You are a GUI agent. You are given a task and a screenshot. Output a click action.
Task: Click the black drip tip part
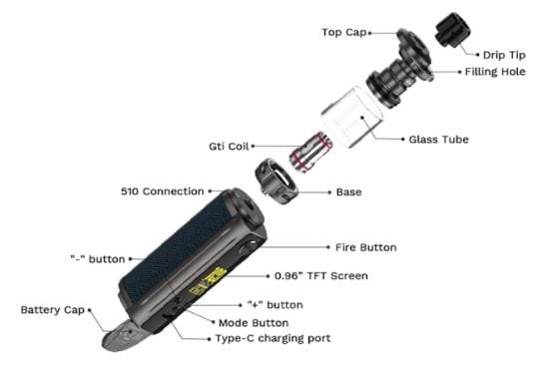pyautogui.click(x=452, y=30)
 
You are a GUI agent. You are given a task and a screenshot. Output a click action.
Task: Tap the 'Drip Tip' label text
pyautogui.click(x=504, y=55)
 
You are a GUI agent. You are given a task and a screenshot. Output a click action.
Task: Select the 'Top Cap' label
pyautogui.click(x=344, y=33)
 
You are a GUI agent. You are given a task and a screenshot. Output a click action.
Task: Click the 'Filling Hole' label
pyautogui.click(x=495, y=72)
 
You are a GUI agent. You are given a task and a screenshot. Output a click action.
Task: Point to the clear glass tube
pyautogui.click(x=352, y=117)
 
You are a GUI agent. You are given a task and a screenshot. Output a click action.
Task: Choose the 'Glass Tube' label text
pyautogui.click(x=438, y=140)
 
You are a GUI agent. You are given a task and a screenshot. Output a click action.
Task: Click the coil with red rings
pyautogui.click(x=310, y=152)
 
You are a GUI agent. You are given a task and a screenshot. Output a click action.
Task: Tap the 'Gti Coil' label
pyautogui.click(x=229, y=147)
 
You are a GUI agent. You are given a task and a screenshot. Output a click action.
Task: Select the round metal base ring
pyautogui.click(x=276, y=181)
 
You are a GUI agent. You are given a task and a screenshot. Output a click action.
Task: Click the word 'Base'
pyautogui.click(x=348, y=192)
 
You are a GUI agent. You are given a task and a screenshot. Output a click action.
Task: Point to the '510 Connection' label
pyautogui.click(x=162, y=191)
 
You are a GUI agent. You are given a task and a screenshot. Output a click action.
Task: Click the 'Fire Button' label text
pyautogui.click(x=365, y=247)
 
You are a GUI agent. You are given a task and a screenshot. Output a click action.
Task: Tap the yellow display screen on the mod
pyautogui.click(x=208, y=280)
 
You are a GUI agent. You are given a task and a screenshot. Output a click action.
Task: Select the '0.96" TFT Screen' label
pyautogui.click(x=320, y=276)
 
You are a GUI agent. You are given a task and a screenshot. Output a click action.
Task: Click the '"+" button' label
pyautogui.click(x=274, y=305)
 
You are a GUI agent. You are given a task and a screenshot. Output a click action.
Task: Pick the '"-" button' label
pyautogui.click(x=98, y=259)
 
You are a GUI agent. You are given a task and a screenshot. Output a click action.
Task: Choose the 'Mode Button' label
pyautogui.click(x=254, y=323)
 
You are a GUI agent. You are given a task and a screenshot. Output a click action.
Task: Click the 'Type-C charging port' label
pyautogui.click(x=272, y=338)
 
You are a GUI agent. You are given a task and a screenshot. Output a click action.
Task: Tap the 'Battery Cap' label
pyautogui.click(x=53, y=309)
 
